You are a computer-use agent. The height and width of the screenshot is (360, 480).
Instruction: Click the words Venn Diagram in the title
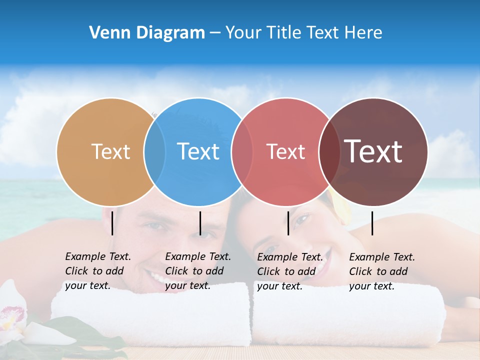click(x=146, y=33)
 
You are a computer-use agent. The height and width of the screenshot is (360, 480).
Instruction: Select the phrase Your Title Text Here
click(x=303, y=33)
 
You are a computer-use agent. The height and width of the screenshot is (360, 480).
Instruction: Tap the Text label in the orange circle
click(x=110, y=151)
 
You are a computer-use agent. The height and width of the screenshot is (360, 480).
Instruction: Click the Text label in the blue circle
click(x=198, y=151)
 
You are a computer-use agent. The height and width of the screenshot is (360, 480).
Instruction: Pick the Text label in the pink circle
click(x=285, y=151)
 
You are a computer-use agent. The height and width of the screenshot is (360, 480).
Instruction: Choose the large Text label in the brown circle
click(x=373, y=151)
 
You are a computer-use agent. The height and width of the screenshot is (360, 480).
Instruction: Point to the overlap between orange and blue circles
click(x=154, y=151)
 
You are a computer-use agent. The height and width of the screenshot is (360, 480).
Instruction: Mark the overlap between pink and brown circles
click(x=329, y=151)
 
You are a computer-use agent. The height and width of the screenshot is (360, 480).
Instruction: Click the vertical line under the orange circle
click(x=112, y=223)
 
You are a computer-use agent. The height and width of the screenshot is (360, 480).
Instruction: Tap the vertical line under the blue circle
click(x=200, y=223)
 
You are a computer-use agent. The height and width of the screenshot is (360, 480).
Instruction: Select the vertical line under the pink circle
click(x=288, y=223)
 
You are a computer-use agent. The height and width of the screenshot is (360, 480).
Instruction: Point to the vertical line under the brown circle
click(x=372, y=223)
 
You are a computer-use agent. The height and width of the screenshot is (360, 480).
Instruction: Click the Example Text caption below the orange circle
click(x=97, y=271)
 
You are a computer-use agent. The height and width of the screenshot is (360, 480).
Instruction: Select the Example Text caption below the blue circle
click(x=197, y=271)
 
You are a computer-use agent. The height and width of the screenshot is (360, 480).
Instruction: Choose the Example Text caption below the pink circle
click(x=289, y=271)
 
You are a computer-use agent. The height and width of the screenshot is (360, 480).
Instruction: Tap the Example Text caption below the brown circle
click(x=381, y=271)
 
